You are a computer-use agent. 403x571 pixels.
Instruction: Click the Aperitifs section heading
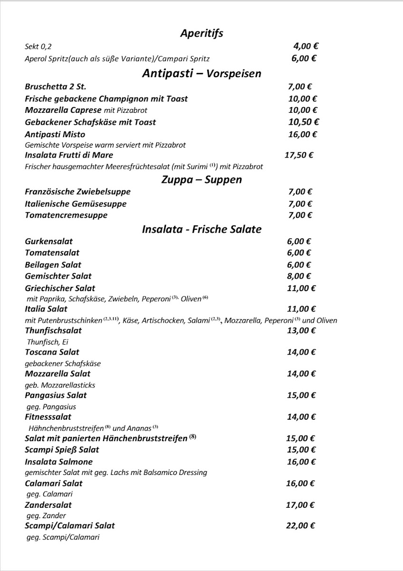point(201,33)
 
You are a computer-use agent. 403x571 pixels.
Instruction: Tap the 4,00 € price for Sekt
point(306,46)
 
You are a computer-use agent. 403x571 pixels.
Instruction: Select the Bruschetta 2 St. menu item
point(55,87)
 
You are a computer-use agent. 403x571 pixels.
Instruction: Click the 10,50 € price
point(303,122)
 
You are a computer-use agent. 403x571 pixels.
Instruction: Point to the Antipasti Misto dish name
point(55,134)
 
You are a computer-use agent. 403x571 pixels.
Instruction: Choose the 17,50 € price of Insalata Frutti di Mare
point(299,155)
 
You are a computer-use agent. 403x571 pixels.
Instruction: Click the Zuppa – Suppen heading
point(201,179)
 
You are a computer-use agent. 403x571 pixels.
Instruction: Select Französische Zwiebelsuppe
point(77,192)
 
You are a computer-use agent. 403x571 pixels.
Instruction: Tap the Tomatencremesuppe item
point(66,215)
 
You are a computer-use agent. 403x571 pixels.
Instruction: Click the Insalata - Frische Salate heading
point(201,229)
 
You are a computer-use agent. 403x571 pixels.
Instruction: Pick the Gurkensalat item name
point(48,241)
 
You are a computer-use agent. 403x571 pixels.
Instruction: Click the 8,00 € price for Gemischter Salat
point(299,276)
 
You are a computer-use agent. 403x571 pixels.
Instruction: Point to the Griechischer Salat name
point(60,288)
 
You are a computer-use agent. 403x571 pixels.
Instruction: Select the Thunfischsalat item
point(53,330)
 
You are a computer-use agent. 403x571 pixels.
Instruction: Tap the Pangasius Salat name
point(56,395)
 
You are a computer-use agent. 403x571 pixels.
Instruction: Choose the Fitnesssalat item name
point(48,417)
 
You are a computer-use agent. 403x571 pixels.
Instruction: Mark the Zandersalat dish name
point(48,504)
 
